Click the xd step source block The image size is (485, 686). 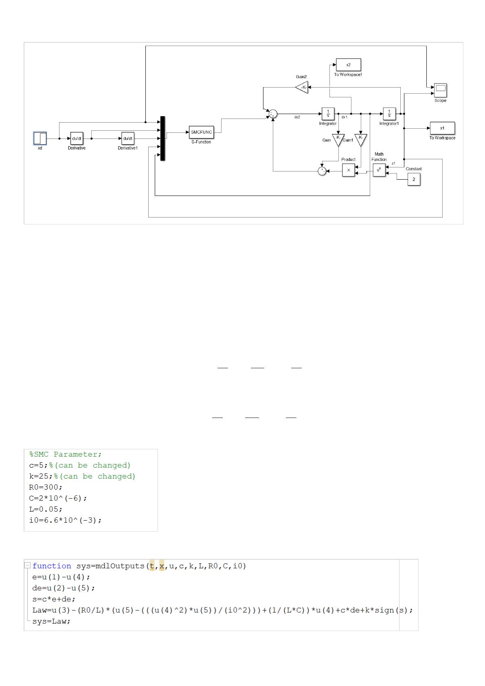coord(40,139)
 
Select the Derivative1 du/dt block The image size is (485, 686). coord(128,139)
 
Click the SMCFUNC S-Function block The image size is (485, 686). coord(201,132)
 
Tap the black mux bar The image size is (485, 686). coord(162,139)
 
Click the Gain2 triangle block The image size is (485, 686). coord(302,87)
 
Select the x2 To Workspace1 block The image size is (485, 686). coord(348,65)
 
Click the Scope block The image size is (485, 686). coord(440,90)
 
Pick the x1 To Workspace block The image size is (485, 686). coord(442,128)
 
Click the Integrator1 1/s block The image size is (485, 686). coord(389,114)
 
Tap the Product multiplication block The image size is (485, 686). coord(349,170)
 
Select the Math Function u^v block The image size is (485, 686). coord(379,170)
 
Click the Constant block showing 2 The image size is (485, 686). coord(414,179)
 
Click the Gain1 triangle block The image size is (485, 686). coord(360,139)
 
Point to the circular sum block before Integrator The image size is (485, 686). coord(273,114)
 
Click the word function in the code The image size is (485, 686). coord(52,566)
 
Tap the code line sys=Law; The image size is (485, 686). coord(51,622)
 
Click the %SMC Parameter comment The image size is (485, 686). coord(66,454)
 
